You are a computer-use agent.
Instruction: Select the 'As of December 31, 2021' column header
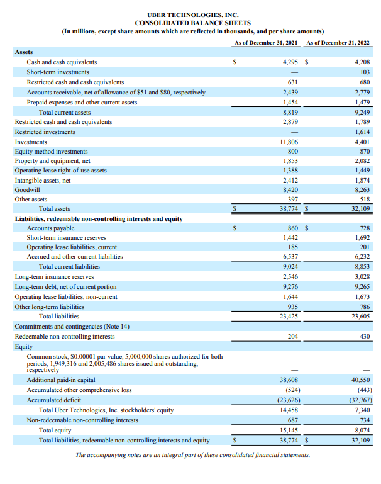click(x=265, y=43)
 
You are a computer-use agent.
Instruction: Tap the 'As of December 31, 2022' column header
click(x=338, y=43)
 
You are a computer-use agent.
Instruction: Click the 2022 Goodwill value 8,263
click(x=362, y=189)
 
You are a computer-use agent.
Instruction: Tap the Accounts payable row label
click(x=50, y=228)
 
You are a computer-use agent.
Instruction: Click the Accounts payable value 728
click(x=363, y=228)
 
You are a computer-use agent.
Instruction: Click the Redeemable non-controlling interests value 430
click(x=363, y=337)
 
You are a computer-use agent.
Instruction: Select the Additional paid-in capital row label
click(x=61, y=380)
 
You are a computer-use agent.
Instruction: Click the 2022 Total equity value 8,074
click(x=362, y=431)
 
